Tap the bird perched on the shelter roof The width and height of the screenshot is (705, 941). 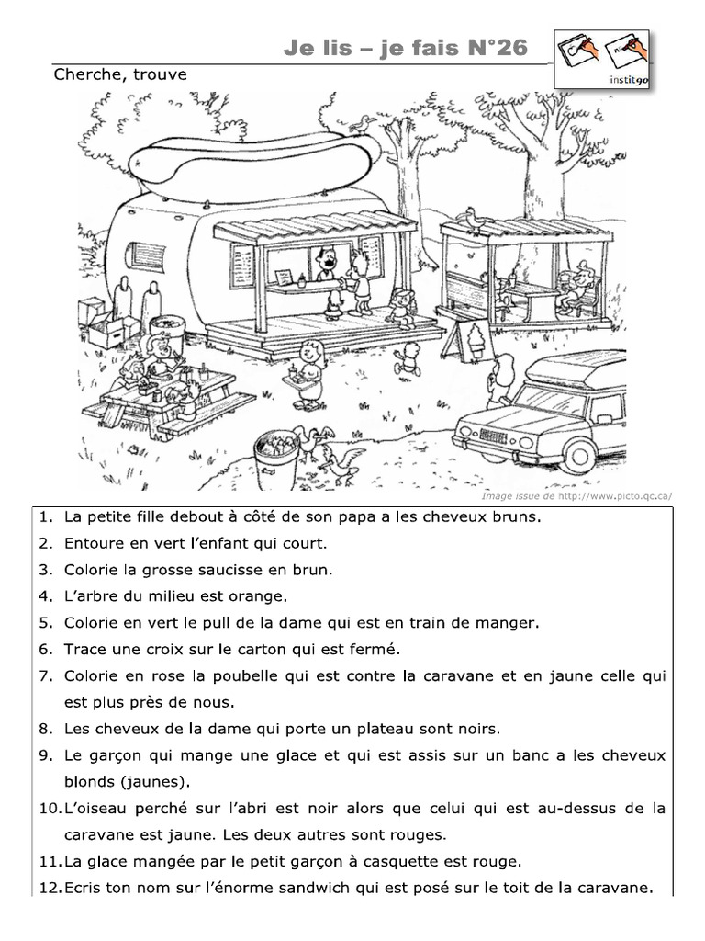474,221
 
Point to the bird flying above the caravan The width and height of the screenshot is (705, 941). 366,121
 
